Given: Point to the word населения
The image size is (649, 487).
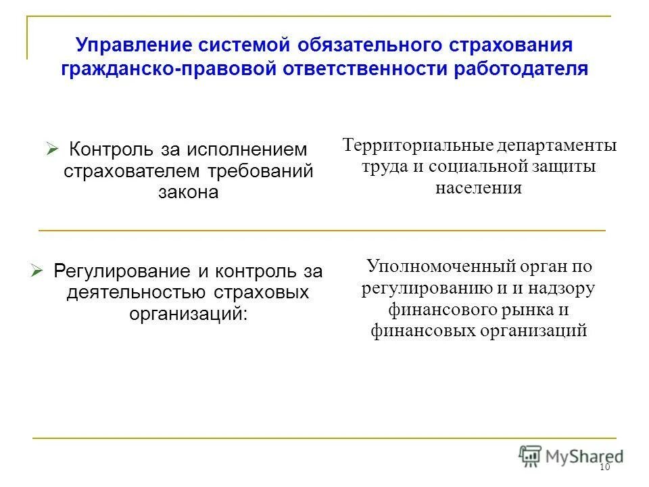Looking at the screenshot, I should coord(479,187).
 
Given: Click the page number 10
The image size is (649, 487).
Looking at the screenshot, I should coord(604,468).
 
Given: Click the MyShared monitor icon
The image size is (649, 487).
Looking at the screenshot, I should coord(531,455).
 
